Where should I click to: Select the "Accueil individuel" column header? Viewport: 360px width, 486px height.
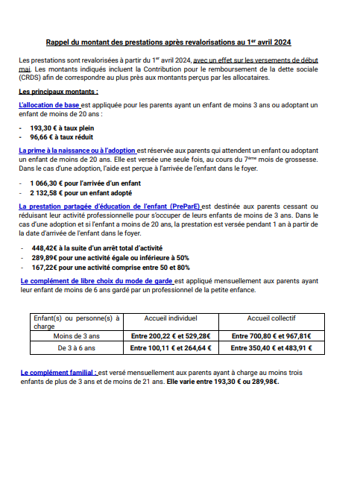[171, 318]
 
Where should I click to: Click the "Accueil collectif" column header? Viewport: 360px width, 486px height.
[271, 318]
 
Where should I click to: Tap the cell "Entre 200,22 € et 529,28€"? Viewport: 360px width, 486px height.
[171, 336]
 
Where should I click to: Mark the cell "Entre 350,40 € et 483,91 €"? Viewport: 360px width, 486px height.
[271, 347]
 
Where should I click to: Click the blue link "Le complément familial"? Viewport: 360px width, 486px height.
[58, 371]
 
